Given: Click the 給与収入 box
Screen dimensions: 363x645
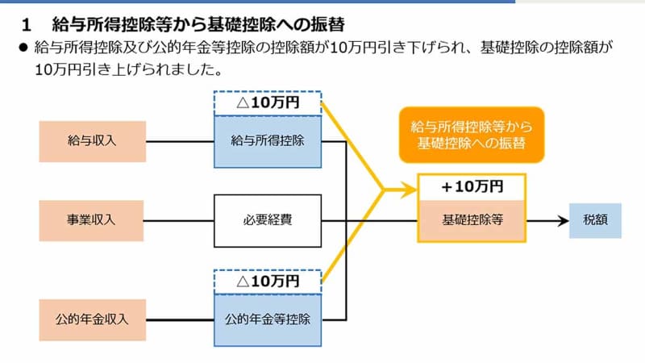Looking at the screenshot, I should (93, 142).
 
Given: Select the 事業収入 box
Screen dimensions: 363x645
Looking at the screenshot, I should (93, 219).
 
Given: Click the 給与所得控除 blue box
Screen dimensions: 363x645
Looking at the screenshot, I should (267, 142).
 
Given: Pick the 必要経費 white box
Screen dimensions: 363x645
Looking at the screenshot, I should (267, 219).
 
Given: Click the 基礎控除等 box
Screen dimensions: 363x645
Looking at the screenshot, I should (472, 219).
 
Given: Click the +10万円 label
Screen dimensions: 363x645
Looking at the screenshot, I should (472, 186).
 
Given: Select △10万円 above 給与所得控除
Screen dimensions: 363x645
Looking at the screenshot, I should (267, 103).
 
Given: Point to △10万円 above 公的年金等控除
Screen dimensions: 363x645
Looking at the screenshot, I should (267, 281).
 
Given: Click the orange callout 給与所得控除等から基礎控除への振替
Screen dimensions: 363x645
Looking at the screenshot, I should (472, 135).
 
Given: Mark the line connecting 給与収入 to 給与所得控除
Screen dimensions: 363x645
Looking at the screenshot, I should (180, 142).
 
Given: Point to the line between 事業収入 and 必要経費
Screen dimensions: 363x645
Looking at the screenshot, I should (180, 219).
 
